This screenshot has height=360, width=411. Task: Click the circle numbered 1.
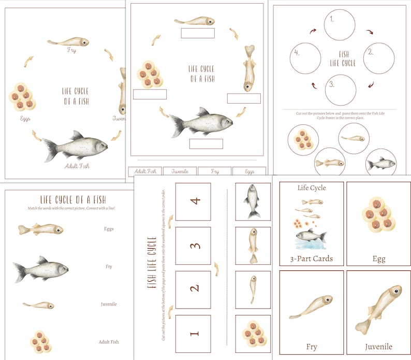click(x=340, y=25)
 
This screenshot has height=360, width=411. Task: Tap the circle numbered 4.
click(x=305, y=57)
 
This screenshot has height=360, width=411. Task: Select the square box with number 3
click(x=193, y=246)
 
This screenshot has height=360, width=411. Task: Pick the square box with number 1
click(x=193, y=334)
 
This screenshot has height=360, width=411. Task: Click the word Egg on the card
click(x=379, y=258)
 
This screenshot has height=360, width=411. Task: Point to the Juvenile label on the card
click(x=378, y=347)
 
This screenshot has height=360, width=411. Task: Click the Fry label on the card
click(x=311, y=347)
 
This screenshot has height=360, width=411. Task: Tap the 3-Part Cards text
click(x=311, y=258)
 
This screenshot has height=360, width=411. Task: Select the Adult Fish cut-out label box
click(x=144, y=171)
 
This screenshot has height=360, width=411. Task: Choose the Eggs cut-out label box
click(x=249, y=171)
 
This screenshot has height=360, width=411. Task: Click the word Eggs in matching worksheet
click(x=108, y=228)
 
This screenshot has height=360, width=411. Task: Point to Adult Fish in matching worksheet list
click(x=108, y=342)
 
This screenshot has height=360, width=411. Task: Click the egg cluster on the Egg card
click(x=378, y=213)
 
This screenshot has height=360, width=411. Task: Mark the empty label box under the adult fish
click(x=205, y=143)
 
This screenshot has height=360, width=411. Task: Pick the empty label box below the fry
click(x=197, y=33)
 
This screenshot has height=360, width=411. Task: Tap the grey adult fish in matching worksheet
click(x=41, y=269)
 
